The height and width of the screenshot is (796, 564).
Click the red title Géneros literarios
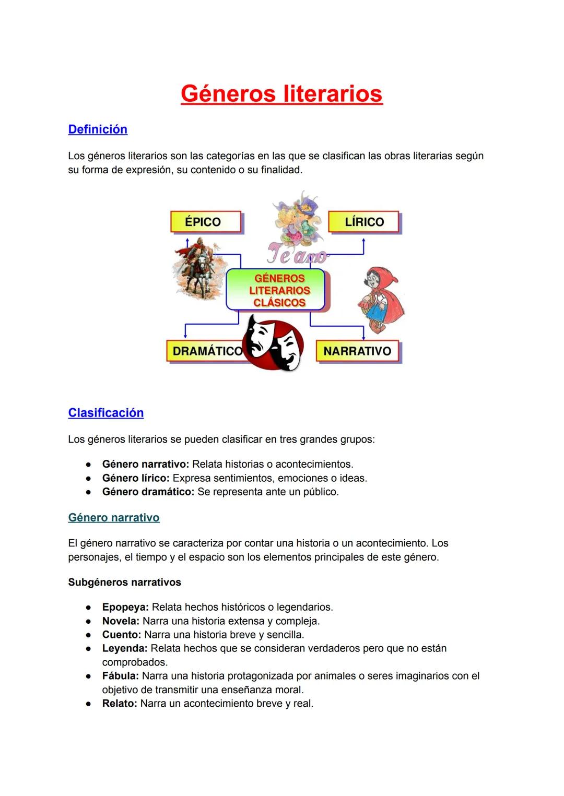pos(281,94)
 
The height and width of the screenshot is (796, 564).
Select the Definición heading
pos(98,129)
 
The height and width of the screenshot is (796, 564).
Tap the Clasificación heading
pos(105,413)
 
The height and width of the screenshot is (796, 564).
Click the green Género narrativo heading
pos(114,518)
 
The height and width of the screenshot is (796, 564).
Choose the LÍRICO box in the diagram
pos(363,222)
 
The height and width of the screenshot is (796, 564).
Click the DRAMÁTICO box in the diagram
pos(206,351)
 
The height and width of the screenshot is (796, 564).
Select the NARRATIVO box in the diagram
pos(357,351)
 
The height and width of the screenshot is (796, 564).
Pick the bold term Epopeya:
pos(125,607)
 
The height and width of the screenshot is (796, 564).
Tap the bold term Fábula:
pos(120,676)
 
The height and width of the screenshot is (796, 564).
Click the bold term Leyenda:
pos(125,648)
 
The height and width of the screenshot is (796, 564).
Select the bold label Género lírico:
pos(136,478)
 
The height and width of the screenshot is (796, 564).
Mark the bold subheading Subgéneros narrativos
pos(124,583)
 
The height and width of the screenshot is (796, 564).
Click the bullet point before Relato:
pos(89,704)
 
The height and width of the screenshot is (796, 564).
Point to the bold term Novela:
pos(121,621)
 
